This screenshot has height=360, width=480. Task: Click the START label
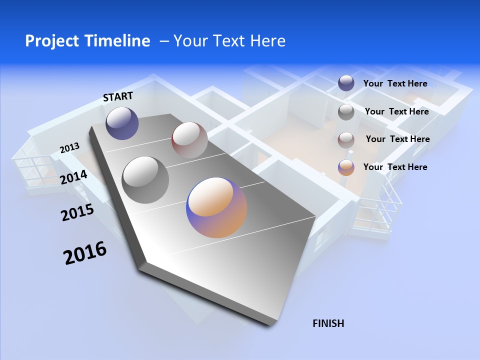[x=118, y=96]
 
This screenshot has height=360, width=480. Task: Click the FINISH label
[x=328, y=323]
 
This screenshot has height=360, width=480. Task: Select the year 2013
[x=69, y=148]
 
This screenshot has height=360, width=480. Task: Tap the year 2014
[x=74, y=177]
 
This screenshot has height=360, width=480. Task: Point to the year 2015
[x=77, y=212]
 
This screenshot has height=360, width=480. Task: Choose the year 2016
[x=85, y=253]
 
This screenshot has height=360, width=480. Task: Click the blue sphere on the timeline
[x=122, y=123]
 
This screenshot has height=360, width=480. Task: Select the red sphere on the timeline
[x=189, y=140]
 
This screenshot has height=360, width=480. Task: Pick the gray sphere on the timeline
[x=145, y=179]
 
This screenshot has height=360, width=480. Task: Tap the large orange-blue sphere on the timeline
[x=216, y=207]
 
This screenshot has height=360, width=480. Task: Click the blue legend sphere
[x=346, y=83]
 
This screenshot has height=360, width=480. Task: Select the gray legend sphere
[x=346, y=111]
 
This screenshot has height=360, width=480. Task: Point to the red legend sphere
[x=346, y=139]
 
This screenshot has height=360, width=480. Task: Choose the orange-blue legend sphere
[x=346, y=167]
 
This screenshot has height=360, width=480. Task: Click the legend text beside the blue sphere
[x=395, y=83]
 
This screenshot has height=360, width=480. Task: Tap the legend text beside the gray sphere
[x=396, y=111]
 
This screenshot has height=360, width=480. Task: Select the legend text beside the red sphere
[x=397, y=139]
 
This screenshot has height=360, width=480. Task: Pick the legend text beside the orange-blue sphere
[x=395, y=167]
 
